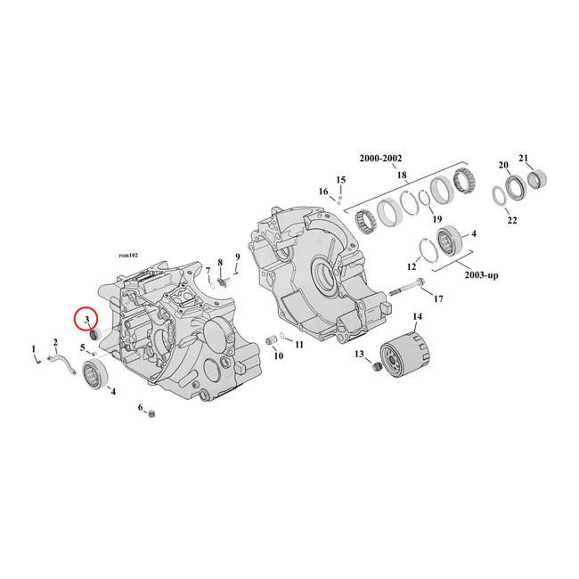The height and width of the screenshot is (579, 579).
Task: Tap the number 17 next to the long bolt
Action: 438,298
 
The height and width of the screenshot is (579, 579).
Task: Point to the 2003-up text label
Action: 480,275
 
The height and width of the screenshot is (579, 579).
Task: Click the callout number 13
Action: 360,355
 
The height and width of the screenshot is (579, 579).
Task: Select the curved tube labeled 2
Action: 63,362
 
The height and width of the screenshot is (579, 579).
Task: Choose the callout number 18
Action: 402,175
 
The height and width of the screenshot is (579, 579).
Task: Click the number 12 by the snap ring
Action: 412,266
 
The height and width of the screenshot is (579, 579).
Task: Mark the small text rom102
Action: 128,252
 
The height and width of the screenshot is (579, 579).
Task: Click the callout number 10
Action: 278,355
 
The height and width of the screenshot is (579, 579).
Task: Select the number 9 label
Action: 237,257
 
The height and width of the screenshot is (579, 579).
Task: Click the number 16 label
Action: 323,192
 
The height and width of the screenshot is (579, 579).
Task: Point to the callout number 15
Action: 340,180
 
